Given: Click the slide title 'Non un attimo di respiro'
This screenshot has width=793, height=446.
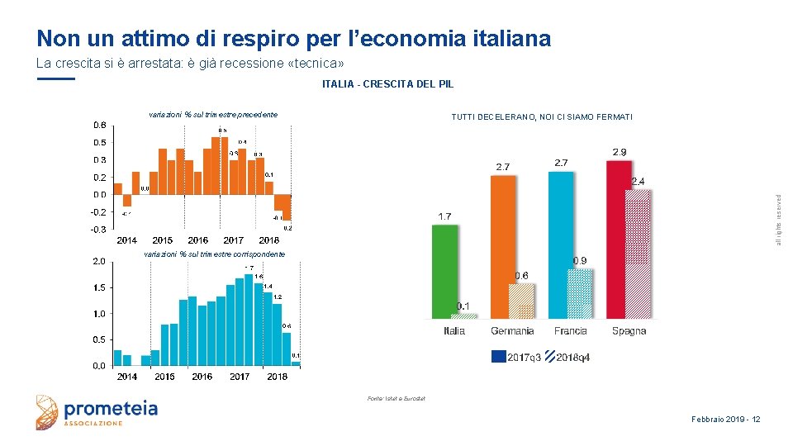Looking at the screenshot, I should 293,38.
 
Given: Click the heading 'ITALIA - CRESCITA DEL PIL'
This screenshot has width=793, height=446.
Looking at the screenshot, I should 387,84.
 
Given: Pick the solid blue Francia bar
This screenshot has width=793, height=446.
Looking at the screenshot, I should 561,244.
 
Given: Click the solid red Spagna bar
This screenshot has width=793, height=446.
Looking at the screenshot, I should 618,240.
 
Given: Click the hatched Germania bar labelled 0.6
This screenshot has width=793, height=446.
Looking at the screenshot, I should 522,301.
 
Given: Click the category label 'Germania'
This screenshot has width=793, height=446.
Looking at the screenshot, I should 512,331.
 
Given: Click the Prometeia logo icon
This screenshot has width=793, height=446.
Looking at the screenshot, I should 48,412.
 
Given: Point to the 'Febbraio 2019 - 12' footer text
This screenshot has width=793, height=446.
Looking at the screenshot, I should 725,420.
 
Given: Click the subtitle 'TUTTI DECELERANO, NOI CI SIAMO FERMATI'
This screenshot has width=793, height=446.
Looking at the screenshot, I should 542,117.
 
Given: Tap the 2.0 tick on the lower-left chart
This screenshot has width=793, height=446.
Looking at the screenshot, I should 97,261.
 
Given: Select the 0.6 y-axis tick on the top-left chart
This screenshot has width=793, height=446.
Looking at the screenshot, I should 98,125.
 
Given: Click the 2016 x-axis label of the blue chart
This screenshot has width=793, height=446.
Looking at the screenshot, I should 202,377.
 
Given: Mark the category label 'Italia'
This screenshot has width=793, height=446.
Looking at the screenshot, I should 454,331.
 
